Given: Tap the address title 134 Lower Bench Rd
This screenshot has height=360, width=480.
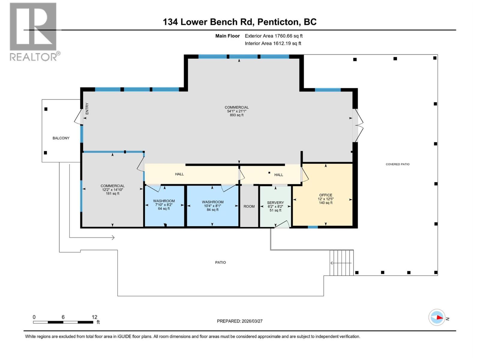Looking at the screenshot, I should tap(239, 22).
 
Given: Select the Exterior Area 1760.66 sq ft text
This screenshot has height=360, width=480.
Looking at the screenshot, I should tap(273, 36).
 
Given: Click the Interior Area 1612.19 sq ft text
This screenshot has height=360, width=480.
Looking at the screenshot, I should tap(273, 43).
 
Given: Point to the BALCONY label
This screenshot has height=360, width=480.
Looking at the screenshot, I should tap(61, 138).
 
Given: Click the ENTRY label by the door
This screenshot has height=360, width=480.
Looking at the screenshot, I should tap(87, 109).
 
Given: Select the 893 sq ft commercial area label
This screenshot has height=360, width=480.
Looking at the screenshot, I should tap(236, 111).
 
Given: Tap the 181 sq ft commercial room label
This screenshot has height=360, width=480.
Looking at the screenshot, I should tap(112, 190).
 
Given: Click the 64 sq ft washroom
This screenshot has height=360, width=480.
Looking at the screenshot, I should tap(164, 205).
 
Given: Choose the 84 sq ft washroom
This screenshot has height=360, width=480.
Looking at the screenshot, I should tap(212, 206).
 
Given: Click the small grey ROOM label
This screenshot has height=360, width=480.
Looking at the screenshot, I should tap(249, 206).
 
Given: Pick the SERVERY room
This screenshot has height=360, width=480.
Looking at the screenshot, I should tap(275, 206).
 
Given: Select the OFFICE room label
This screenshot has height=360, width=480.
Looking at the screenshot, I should tap(325, 199).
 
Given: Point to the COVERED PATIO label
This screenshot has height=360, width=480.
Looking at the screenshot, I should tap(397, 164).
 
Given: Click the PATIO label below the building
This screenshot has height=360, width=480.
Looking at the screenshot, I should tap(220, 262).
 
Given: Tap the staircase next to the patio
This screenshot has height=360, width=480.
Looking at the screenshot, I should tap(341, 263).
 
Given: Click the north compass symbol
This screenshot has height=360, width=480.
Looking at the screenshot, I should tap(437, 317).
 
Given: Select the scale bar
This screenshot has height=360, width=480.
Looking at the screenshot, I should tap(63, 322).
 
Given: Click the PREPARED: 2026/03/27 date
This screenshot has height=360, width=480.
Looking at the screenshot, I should tap(239, 321).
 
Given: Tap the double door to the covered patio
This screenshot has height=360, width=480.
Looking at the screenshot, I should tap(358, 125).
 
